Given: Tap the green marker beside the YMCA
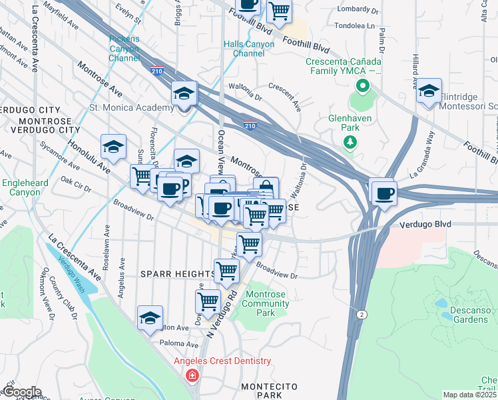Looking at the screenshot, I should pos(363,86).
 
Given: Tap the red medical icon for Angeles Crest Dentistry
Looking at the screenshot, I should pos(192,376).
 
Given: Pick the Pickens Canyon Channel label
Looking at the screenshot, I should pos(124,48).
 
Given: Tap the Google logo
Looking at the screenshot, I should pos(21,391).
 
